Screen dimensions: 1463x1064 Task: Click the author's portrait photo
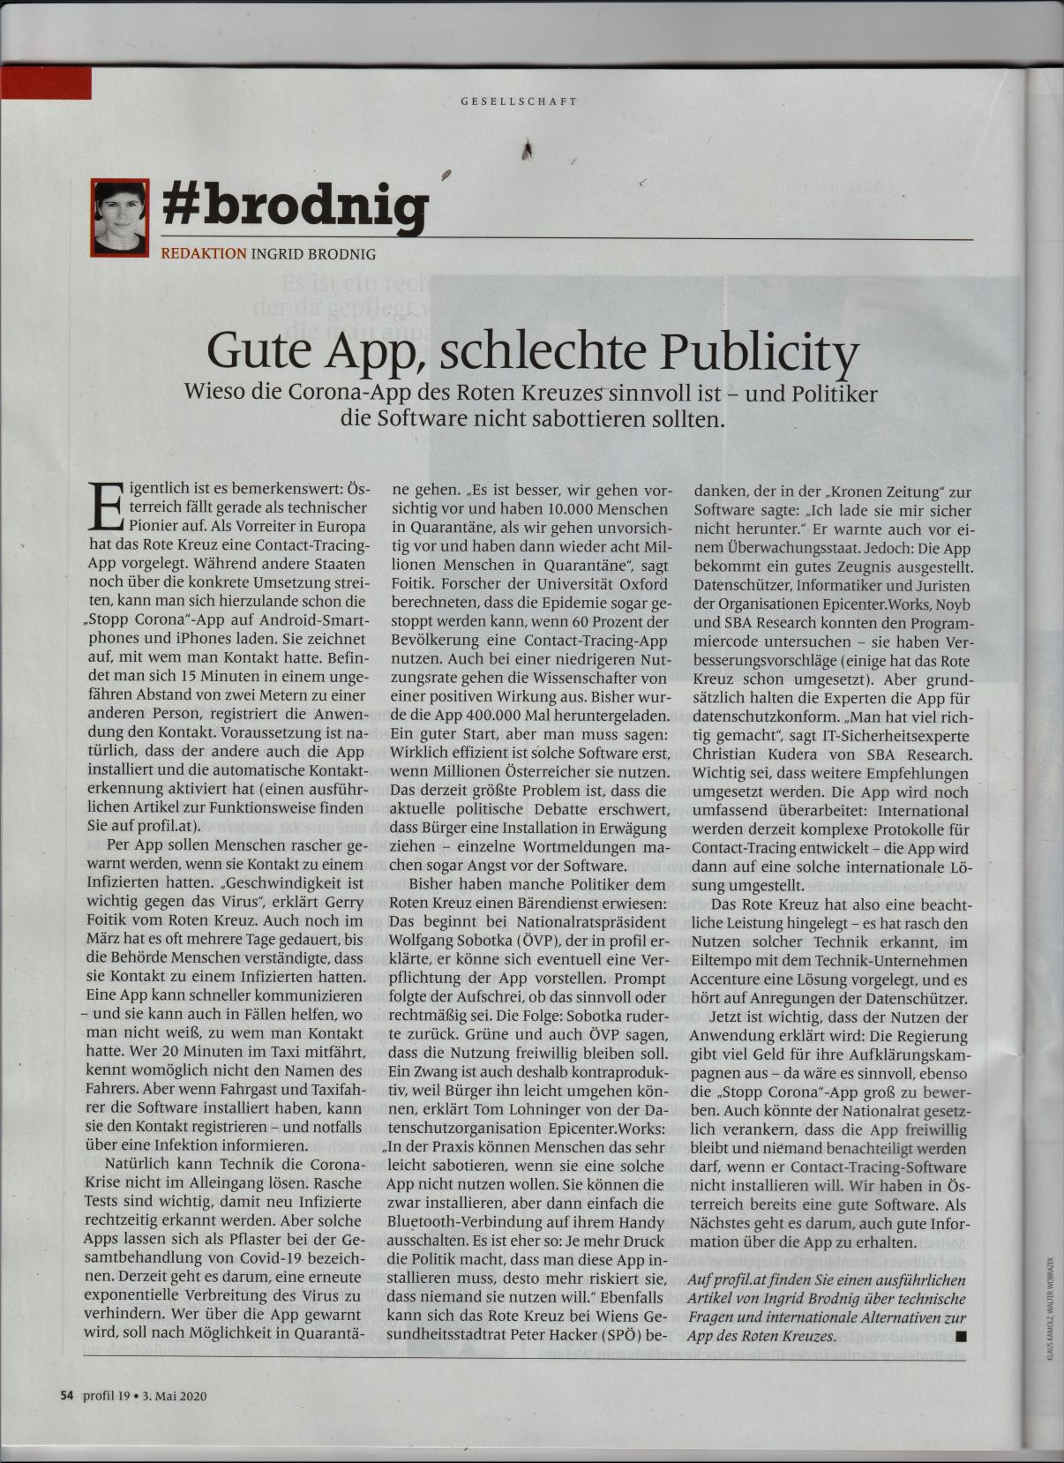tap(120, 219)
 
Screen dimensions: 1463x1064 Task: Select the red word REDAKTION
tap(203, 254)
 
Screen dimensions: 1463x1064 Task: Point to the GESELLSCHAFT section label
tap(519, 101)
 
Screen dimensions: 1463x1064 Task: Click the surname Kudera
tap(813, 754)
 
